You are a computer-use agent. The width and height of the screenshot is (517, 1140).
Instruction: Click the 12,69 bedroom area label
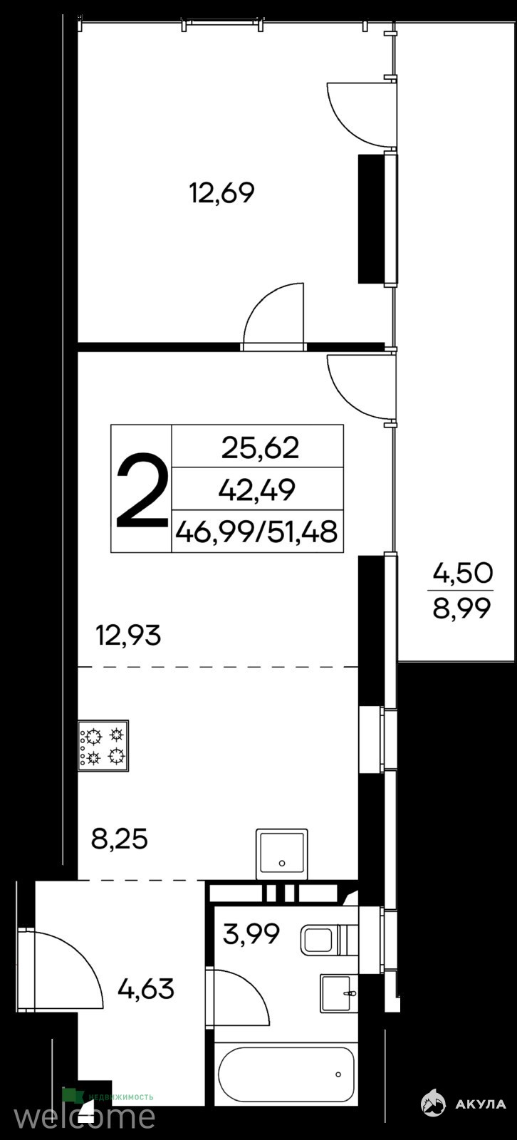[221, 193]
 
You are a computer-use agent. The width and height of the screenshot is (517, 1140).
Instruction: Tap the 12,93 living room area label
[128, 636]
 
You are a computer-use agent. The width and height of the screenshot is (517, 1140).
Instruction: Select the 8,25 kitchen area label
[119, 839]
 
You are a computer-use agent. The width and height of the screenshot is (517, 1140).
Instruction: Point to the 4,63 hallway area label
[145, 990]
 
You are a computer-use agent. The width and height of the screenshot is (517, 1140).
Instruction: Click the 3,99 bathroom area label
[251, 934]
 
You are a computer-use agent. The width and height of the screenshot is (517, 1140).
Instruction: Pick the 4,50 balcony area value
[463, 573]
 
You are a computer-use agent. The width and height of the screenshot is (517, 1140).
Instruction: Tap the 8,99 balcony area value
[461, 608]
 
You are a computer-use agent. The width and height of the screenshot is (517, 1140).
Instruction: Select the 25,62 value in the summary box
[260, 448]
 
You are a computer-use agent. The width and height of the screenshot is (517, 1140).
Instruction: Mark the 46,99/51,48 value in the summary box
[256, 532]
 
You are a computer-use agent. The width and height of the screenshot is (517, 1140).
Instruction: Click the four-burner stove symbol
[103, 745]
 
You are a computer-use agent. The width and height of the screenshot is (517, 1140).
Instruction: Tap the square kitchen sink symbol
[282, 854]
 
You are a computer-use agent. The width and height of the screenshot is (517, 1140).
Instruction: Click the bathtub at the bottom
[286, 1057]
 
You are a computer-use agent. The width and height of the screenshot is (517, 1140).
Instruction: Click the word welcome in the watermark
[84, 1116]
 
